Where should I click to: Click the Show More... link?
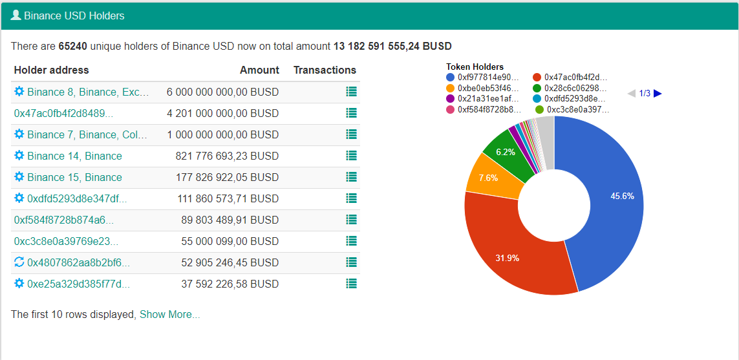click(169, 314)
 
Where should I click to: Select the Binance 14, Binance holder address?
click(74, 156)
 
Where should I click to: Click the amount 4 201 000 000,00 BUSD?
click(222, 114)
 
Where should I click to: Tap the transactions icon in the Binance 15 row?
click(351, 176)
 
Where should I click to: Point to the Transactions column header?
click(325, 70)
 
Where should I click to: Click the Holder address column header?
click(51, 70)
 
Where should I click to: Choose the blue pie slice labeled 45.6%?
click(608, 198)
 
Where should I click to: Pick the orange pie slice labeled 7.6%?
click(493, 176)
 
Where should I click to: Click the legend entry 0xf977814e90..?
click(482, 78)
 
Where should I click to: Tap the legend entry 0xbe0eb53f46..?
click(482, 88)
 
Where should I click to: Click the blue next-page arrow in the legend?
click(658, 93)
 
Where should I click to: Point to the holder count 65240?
click(73, 46)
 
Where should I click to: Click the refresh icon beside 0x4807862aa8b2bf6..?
click(19, 262)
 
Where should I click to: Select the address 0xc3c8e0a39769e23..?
click(67, 241)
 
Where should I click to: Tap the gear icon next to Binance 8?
click(19, 91)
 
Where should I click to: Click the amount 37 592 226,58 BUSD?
click(230, 284)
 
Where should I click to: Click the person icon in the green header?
click(16, 15)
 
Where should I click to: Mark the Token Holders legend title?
click(475, 67)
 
